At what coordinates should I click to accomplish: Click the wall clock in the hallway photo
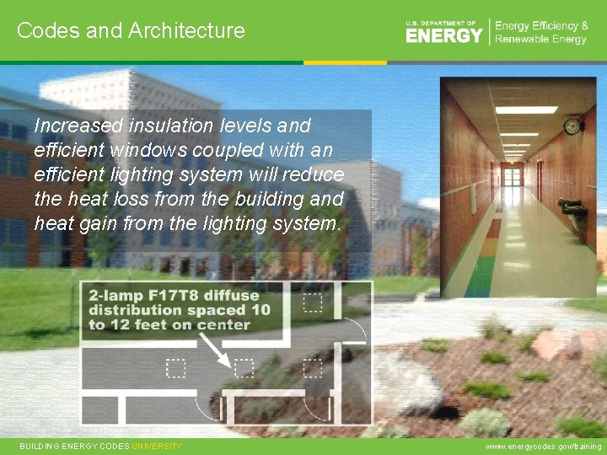coord(572,126)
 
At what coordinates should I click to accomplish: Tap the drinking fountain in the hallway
coord(577,213)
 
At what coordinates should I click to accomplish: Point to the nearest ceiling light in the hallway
coord(526,110)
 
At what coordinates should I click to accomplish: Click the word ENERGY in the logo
coord(444,35)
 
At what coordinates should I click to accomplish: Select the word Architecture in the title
coord(186,30)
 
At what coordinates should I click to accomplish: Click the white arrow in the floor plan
coord(218,352)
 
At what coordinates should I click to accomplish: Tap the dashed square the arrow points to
coord(244,367)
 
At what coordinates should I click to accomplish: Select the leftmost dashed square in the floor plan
coord(175,367)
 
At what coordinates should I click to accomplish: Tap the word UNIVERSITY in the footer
coord(157,446)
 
